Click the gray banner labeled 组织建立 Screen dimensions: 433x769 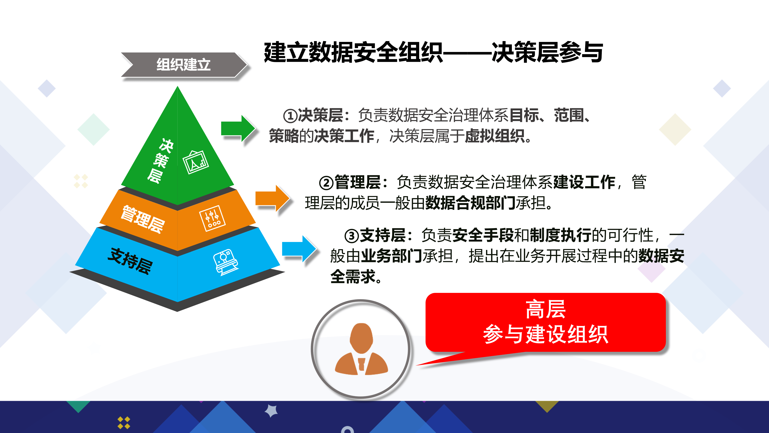(184, 65)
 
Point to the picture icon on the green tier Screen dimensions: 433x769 (196, 162)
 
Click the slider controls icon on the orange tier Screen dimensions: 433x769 (212, 218)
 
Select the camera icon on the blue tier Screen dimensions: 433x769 (226, 262)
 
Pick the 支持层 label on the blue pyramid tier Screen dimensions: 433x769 (130, 261)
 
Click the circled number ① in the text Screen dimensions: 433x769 (290, 116)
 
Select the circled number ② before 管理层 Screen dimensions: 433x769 (326, 183)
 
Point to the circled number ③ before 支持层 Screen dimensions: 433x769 (351, 236)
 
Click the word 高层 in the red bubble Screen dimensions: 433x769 (545, 310)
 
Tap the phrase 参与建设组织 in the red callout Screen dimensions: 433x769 (545, 334)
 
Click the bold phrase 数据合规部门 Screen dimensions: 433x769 (470, 203)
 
